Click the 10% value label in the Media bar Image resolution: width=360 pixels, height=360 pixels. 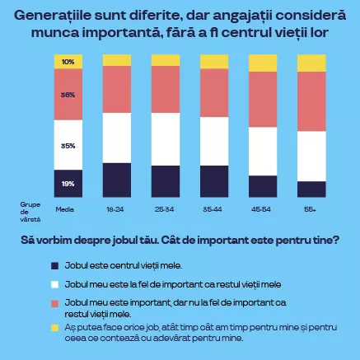(67, 63)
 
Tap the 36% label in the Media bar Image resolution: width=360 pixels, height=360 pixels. (67, 95)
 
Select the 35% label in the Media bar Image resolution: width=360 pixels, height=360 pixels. (67, 145)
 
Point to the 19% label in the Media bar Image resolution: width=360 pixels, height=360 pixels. (67, 183)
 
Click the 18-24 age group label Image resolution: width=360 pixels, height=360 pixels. (116, 209)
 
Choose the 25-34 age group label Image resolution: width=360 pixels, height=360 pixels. (166, 209)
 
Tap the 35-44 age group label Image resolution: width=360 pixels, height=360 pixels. (214, 209)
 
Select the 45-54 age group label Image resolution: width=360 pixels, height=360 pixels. (263, 209)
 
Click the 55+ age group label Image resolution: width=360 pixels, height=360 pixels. (310, 209)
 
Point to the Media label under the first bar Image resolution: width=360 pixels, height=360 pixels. (65, 209)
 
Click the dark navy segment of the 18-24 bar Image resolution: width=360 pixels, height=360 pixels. (116, 180)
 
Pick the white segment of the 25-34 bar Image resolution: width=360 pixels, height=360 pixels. (166, 138)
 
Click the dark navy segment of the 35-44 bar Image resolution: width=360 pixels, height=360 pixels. (214, 181)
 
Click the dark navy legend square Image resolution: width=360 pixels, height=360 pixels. (55, 265)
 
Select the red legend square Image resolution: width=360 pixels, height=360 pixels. (55, 303)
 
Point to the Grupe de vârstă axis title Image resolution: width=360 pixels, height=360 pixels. (30, 209)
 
